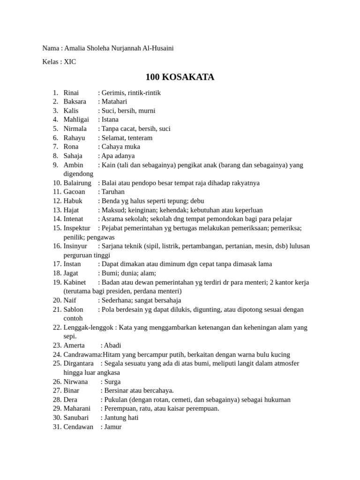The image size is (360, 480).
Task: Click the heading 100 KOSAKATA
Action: (x=180, y=77)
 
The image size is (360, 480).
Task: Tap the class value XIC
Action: (x=70, y=62)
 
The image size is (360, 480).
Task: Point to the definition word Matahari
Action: (x=114, y=102)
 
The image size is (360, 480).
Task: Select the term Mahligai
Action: (x=76, y=120)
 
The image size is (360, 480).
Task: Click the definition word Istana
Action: (x=110, y=120)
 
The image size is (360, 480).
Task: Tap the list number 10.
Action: (x=57, y=183)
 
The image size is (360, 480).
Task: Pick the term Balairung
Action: (x=77, y=183)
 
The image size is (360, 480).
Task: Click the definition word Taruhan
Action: (x=113, y=192)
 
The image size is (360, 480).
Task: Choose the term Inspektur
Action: (x=77, y=228)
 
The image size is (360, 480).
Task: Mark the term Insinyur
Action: (x=75, y=246)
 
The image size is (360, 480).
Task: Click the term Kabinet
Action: (x=75, y=283)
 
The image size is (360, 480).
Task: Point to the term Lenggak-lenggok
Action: (x=87, y=328)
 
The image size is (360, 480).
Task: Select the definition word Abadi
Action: (x=112, y=345)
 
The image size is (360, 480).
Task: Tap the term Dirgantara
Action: (x=78, y=364)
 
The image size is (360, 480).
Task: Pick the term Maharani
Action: (x=77, y=409)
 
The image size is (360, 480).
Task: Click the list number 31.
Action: (x=57, y=427)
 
